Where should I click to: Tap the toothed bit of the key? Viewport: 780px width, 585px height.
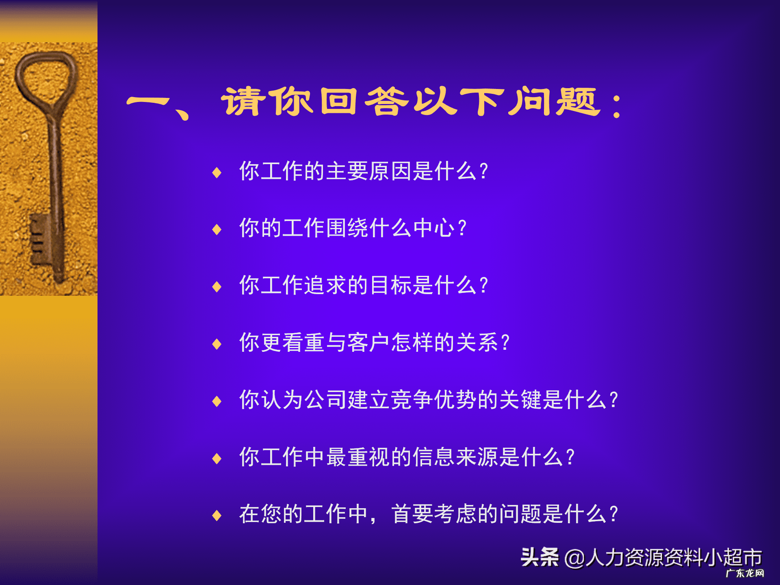[x=39, y=240]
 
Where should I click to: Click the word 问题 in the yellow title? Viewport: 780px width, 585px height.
[x=554, y=102]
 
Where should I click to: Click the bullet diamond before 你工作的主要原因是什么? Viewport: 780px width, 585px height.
[x=217, y=173]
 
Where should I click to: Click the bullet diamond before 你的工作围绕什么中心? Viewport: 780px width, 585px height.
[x=217, y=230]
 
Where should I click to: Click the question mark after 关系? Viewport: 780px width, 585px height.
[x=505, y=342]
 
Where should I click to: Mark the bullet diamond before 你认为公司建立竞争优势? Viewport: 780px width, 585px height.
[x=217, y=401]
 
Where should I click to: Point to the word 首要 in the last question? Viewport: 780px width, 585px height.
[x=412, y=514]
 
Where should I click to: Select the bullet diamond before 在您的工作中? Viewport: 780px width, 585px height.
[x=217, y=516]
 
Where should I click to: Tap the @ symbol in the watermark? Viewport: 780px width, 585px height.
[x=574, y=558]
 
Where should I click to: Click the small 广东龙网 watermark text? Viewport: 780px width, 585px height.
[x=745, y=573]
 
